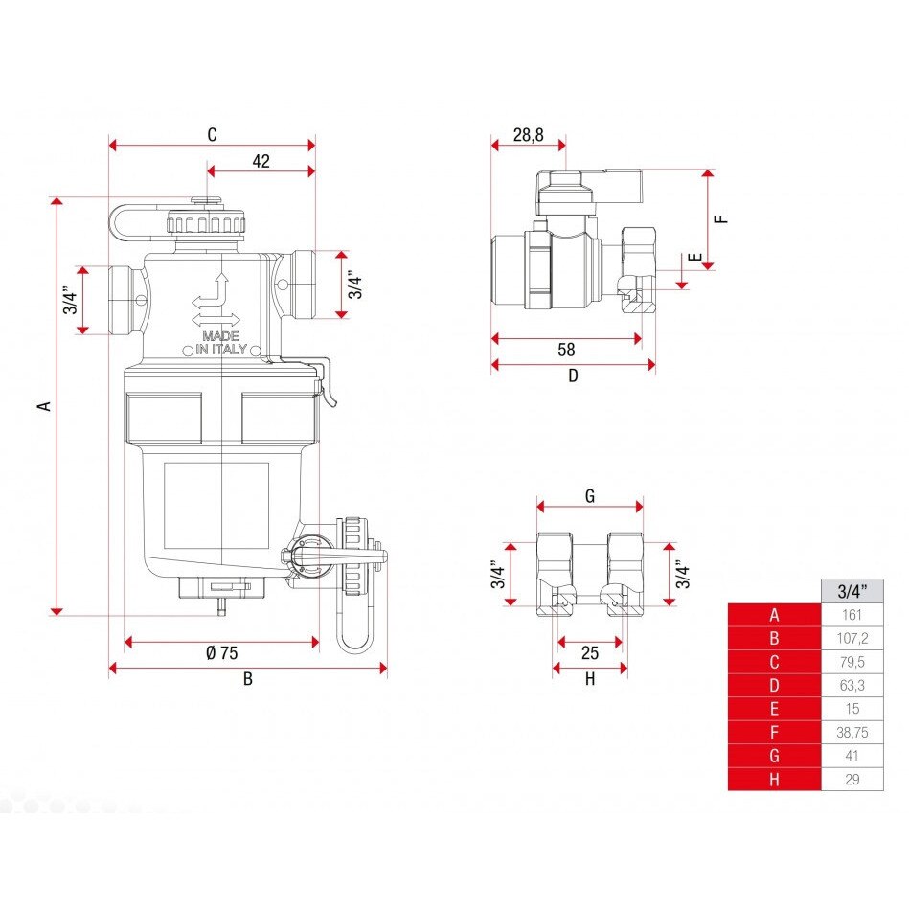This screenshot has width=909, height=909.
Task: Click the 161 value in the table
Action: (852, 615)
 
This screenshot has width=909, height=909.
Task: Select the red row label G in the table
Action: (775, 756)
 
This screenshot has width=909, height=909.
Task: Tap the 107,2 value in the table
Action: (852, 638)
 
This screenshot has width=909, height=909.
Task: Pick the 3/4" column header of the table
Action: (852, 591)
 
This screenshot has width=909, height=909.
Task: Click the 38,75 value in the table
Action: (852, 732)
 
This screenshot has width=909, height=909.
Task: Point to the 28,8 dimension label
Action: (528, 135)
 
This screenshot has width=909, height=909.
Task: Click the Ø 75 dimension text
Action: (222, 652)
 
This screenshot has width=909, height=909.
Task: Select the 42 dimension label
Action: (261, 161)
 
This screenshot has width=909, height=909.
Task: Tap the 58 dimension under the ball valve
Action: (566, 350)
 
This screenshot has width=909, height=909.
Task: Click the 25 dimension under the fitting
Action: (590, 652)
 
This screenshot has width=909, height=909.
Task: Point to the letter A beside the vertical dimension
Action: (44, 406)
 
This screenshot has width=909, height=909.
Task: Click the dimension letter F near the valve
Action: (721, 219)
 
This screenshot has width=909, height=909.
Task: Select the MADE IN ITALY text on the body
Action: (221, 343)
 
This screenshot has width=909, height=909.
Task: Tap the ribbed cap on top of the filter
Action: (206, 222)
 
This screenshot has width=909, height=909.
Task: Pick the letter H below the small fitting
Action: (590, 679)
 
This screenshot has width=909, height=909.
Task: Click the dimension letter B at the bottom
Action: (247, 679)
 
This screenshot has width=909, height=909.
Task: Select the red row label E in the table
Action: (775, 709)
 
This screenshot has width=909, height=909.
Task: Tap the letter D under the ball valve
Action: (573, 375)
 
